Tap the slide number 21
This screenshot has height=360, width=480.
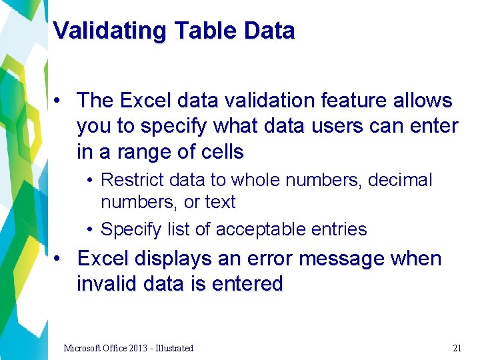coord(457,348)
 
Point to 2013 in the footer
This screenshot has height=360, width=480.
coord(133,348)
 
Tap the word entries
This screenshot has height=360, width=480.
coord(339,229)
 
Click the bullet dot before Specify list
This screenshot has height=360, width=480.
coord(89,230)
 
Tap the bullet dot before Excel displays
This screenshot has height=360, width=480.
coord(59,259)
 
